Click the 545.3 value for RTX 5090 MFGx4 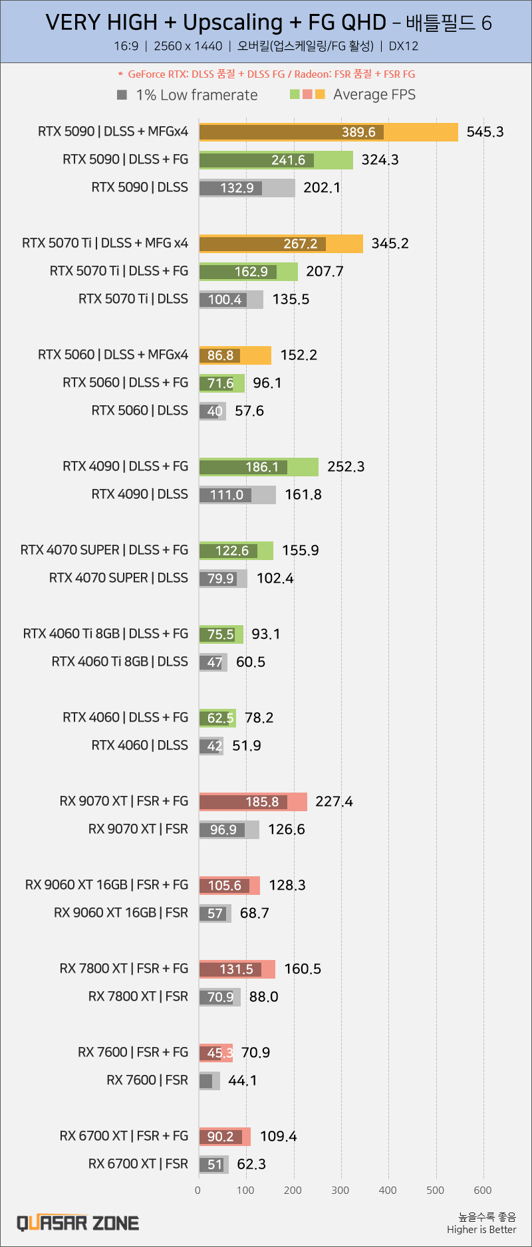(485, 132)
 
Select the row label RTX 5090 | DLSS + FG (125, 159)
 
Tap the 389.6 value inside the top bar (358, 132)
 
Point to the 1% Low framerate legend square (122, 94)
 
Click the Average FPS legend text (374, 94)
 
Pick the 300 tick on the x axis (340, 1190)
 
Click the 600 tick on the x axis (483, 1190)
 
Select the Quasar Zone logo (78, 1223)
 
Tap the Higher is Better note (481, 1230)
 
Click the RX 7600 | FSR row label (147, 1080)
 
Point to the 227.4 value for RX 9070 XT (334, 802)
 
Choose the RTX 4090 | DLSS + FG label (125, 466)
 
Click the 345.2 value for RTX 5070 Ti (390, 244)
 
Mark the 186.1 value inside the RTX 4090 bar (262, 467)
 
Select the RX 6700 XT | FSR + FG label (124, 1136)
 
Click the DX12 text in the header (403, 46)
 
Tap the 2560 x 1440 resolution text (188, 46)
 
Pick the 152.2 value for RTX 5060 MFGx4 (299, 355)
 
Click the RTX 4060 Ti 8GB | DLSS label (120, 662)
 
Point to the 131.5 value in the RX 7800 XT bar (236, 969)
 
